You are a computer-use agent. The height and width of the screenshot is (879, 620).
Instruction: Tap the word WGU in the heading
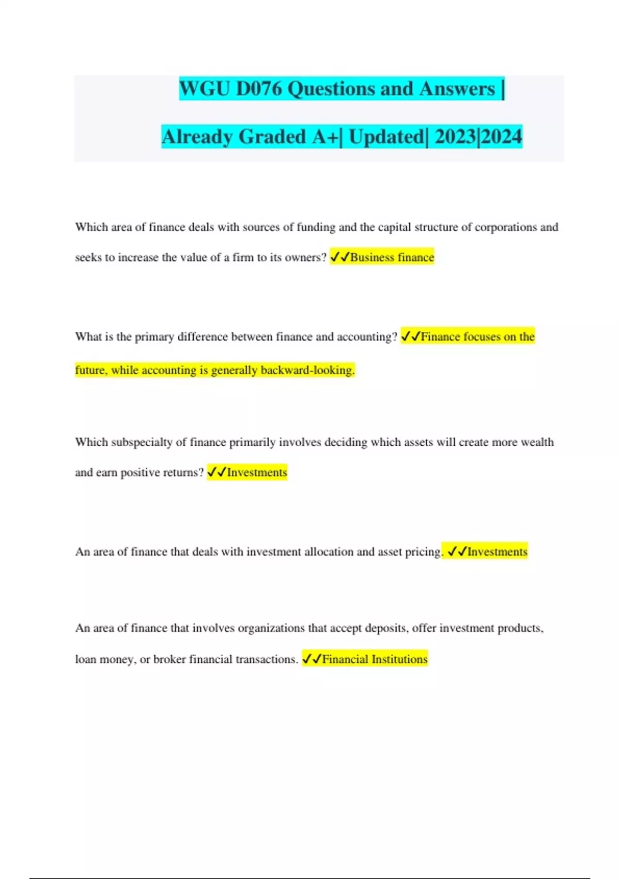coord(205,89)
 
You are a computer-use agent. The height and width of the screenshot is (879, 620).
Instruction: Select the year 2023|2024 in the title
coord(478,137)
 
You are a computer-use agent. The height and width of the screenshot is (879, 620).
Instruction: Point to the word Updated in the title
coord(386,137)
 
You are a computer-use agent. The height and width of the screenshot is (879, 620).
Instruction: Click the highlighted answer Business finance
coord(392,257)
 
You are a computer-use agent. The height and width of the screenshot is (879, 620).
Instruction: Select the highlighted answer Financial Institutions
coord(375,659)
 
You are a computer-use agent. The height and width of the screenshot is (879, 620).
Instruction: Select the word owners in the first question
coord(304,257)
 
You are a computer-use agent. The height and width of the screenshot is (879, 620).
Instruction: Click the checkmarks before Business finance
coord(339,257)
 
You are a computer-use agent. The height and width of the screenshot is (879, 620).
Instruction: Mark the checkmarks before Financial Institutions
coord(312,659)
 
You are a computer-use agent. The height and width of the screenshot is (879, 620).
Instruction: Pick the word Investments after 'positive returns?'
coord(257,473)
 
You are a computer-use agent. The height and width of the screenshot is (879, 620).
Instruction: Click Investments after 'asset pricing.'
coord(497,552)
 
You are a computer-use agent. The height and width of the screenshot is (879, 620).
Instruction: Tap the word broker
coord(169,659)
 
